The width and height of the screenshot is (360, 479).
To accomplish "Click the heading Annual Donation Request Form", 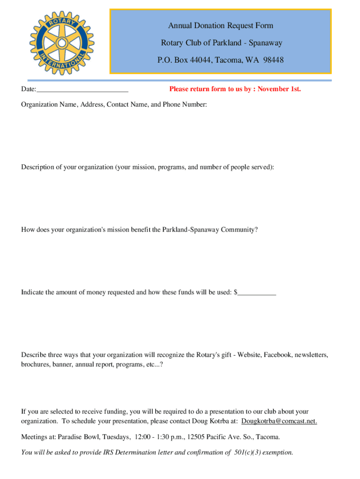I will pos(221,26).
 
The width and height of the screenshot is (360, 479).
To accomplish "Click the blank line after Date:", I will pos(82,89).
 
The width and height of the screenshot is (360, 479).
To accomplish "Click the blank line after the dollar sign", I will pos(257,293).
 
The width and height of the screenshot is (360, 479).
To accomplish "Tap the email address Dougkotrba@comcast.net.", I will pos(279,421).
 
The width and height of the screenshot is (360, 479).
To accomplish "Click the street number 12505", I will pos(196,437).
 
